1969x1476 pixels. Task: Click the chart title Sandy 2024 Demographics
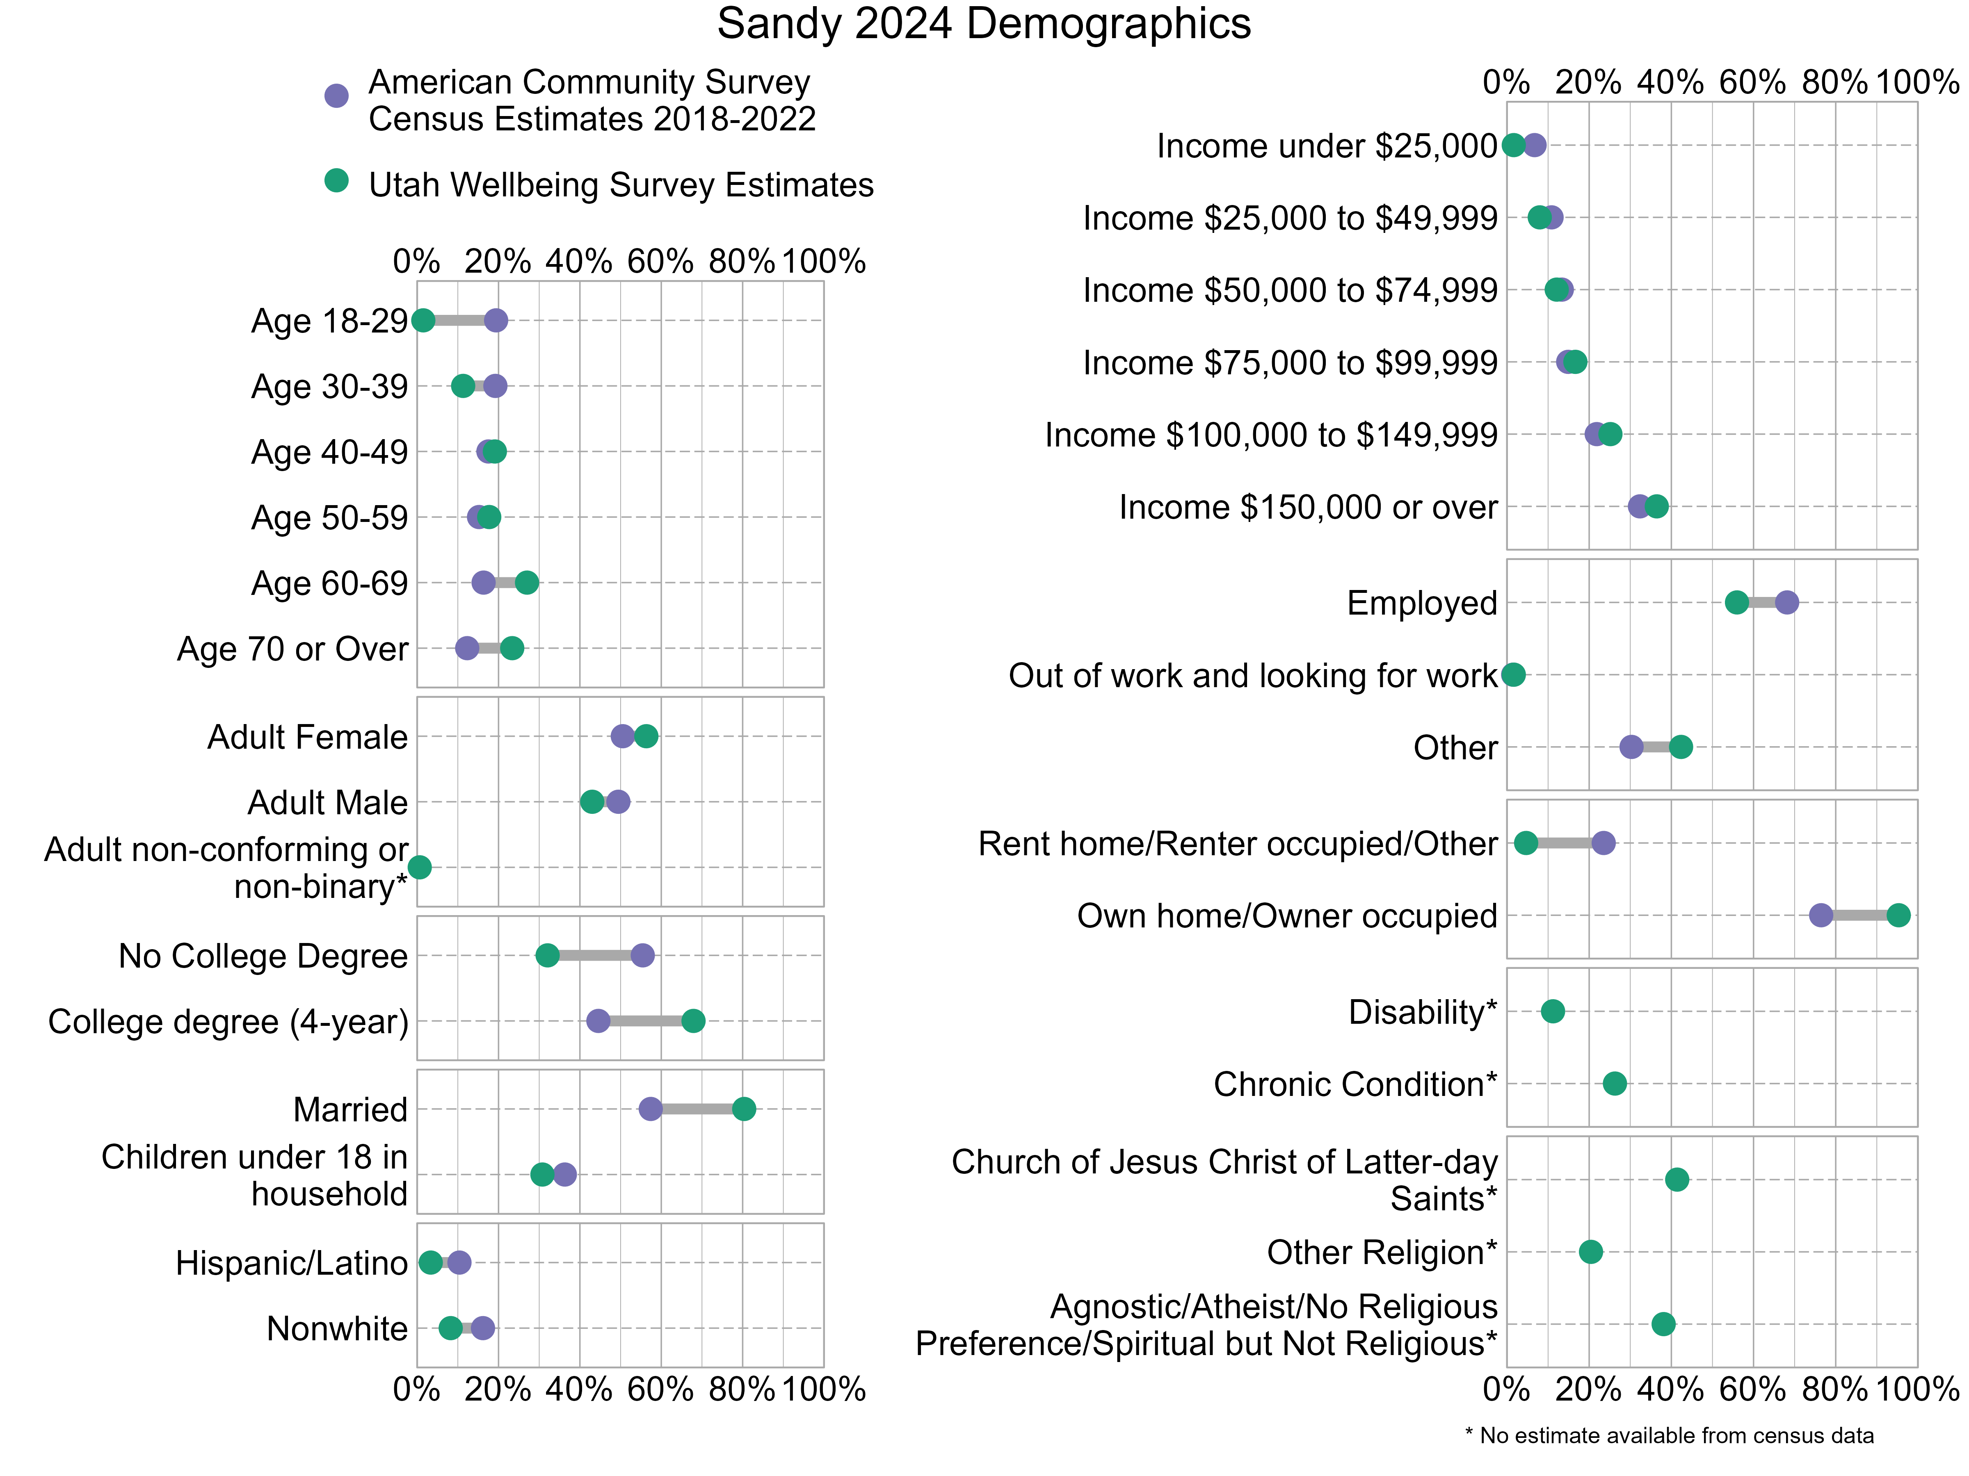point(984,24)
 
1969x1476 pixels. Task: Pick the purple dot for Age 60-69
point(483,583)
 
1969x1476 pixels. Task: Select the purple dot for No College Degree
point(643,956)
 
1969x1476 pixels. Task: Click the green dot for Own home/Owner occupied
point(1899,916)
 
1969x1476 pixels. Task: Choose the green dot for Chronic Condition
point(1615,1084)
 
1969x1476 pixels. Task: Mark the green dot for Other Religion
point(1591,1252)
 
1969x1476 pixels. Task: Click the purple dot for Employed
point(1786,602)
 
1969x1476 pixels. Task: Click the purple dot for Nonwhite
point(482,1328)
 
